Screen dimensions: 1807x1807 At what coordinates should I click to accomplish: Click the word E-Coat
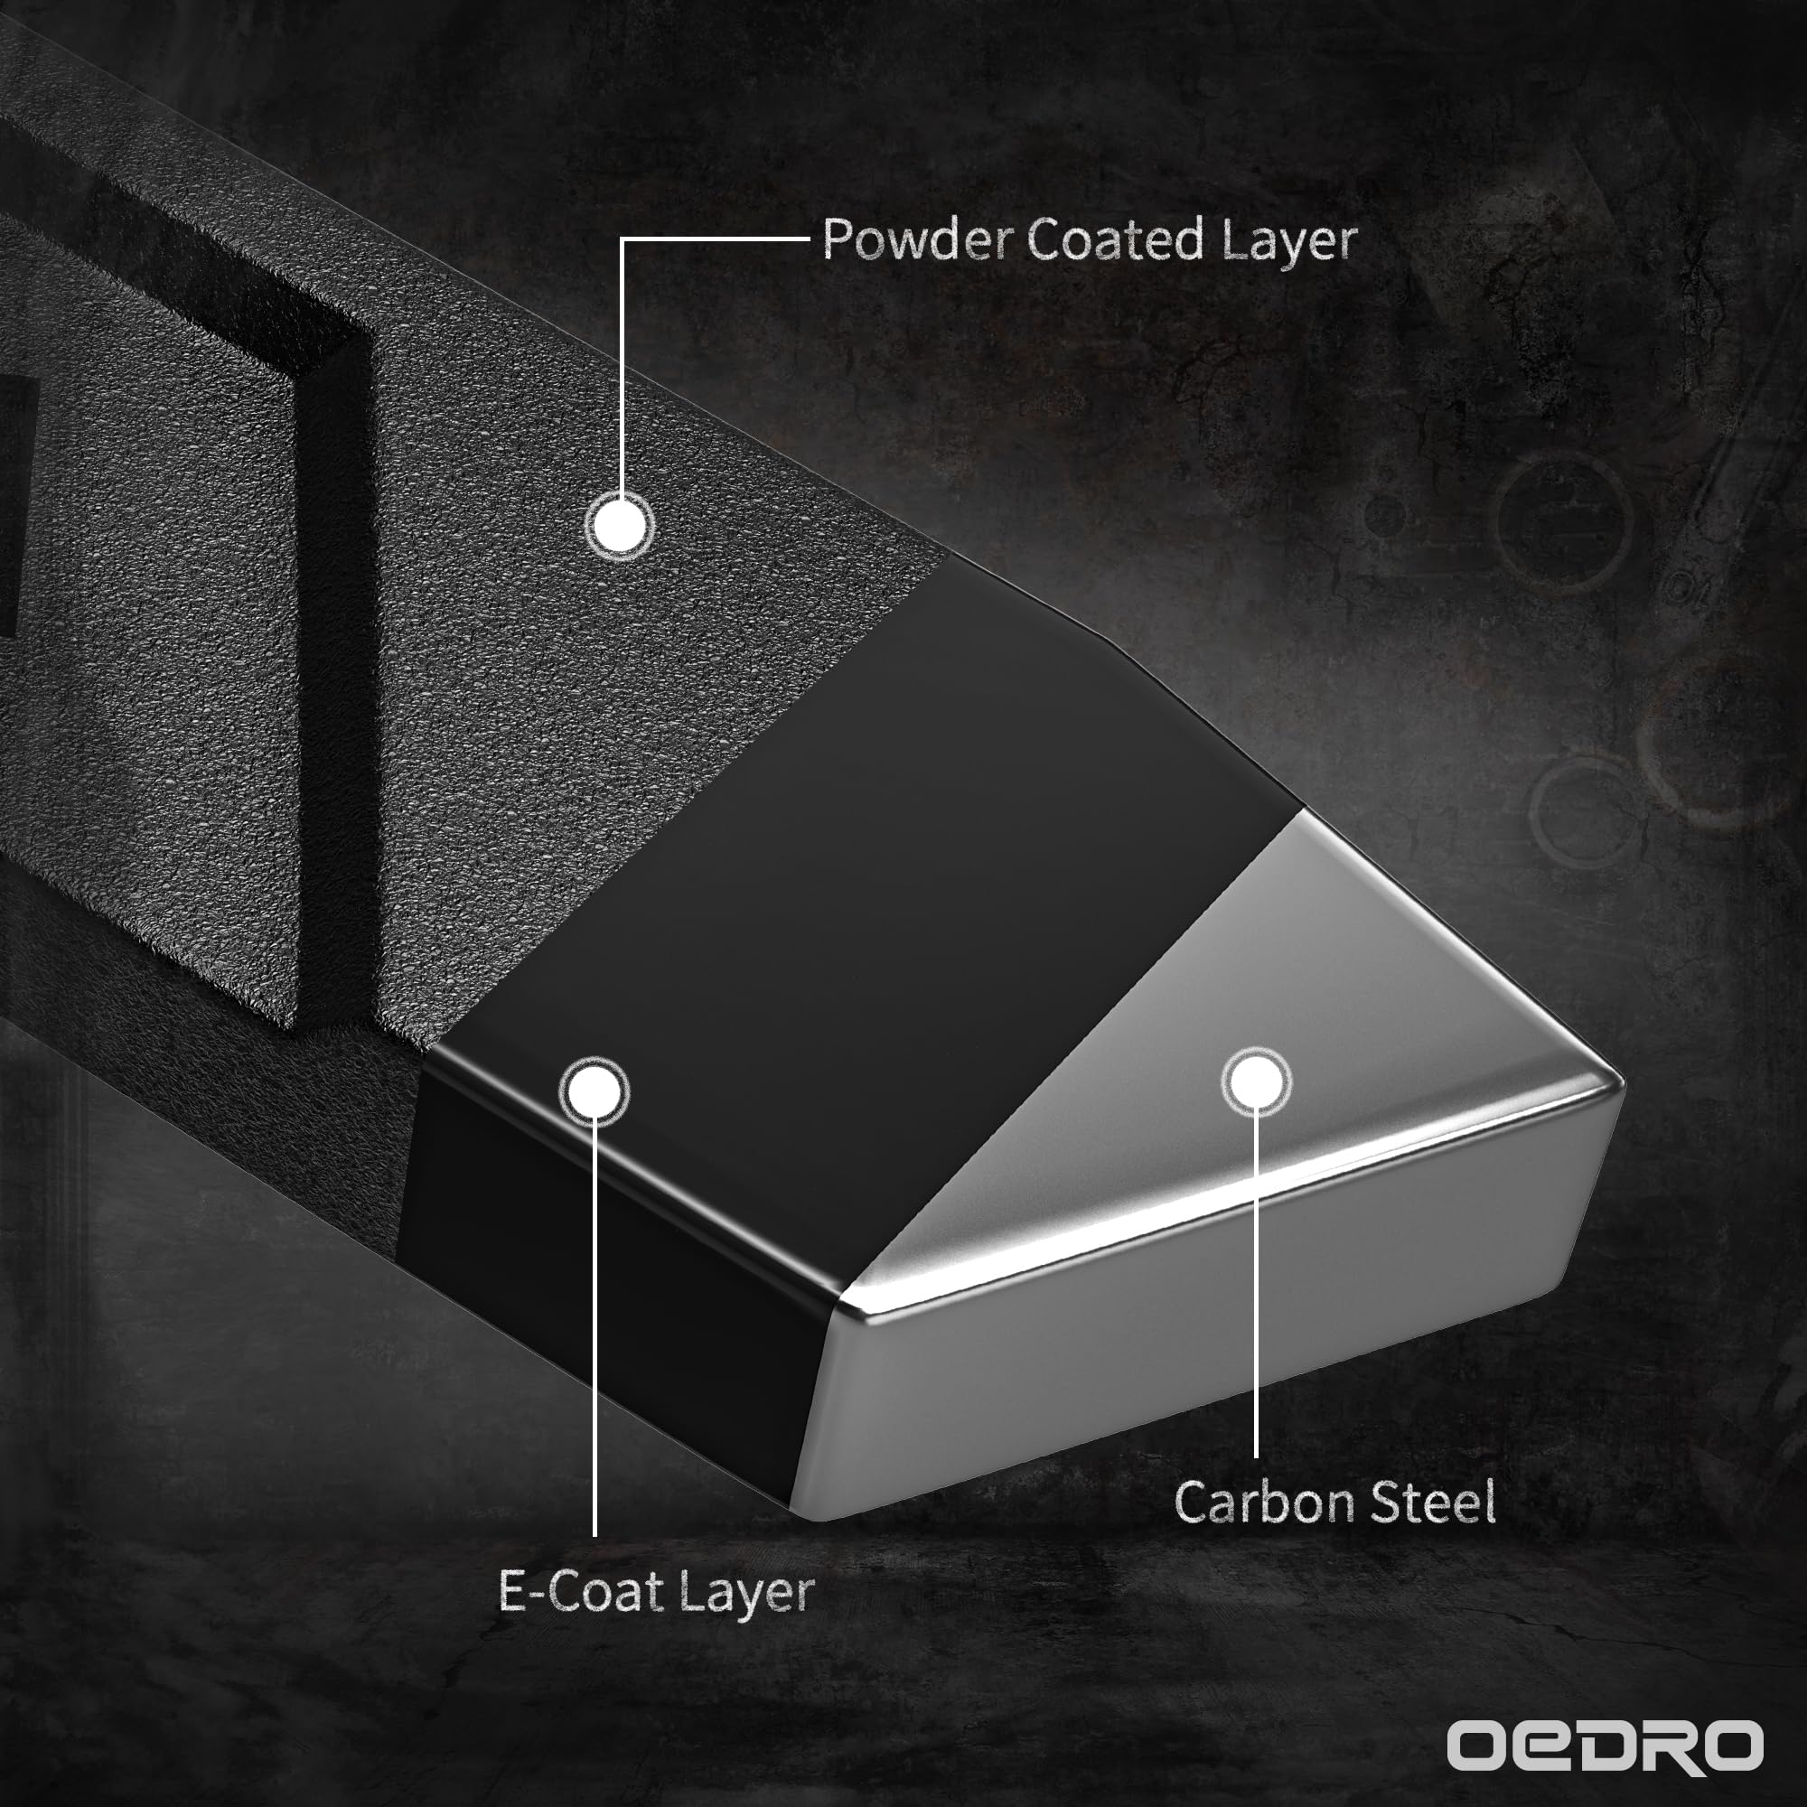pos(581,1590)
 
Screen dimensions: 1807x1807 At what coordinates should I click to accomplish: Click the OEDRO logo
pos(1605,1746)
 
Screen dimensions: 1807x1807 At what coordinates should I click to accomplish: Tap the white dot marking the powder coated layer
pos(619,525)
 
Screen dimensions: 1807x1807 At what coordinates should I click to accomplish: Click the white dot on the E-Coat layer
pos(593,1091)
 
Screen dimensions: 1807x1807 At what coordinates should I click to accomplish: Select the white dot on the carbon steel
pos(1256,1082)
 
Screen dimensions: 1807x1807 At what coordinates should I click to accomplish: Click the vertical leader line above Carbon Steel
pos(1256,1285)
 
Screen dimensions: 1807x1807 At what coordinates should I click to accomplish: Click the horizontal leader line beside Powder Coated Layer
pos(716,239)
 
